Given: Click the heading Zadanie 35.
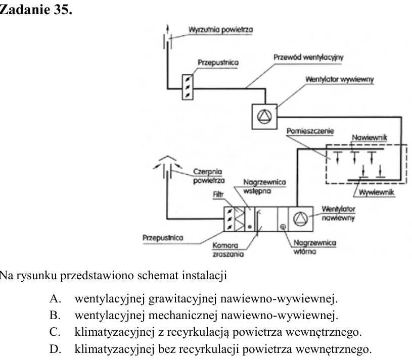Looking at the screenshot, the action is (36, 10).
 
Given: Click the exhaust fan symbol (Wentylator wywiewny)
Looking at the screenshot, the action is (264, 117).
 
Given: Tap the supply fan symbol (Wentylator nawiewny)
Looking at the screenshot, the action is (300, 219).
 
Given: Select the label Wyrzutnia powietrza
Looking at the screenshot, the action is (221, 30).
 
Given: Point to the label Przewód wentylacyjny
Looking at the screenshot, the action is (308, 58).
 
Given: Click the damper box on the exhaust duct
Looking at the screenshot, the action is (188, 87).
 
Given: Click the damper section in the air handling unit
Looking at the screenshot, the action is (229, 219).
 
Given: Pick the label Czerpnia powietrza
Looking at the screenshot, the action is (209, 176).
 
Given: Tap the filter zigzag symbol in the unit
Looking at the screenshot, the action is (240, 219).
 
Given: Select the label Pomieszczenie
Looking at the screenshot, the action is (310, 131).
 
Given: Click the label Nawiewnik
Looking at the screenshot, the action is (370, 137).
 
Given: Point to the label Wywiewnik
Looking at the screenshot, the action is (377, 192).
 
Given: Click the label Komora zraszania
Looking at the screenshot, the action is (228, 249).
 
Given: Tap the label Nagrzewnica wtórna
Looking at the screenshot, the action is (314, 247).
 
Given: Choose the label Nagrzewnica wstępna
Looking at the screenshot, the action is (264, 186).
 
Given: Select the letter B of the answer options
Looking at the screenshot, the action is (55, 316).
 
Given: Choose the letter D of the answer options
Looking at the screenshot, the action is (55, 349).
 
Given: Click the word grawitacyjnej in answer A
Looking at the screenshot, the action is (183, 299).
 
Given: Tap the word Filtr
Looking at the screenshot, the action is (218, 194).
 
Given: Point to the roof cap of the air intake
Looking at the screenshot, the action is (167, 158).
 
